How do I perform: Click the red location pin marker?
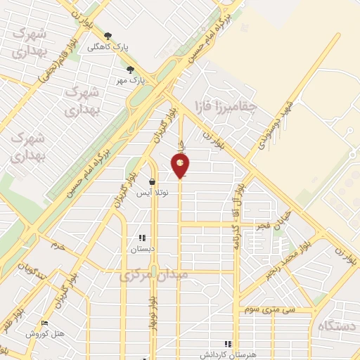point(180,165)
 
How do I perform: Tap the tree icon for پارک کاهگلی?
point(108,36)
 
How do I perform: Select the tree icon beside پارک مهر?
point(130,69)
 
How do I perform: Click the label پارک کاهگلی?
point(108,47)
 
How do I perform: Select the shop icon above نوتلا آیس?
point(152,181)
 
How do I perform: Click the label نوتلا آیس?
point(152,193)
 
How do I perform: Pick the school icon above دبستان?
point(141,238)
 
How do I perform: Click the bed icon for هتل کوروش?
point(45,323)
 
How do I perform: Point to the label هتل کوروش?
point(45,334)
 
